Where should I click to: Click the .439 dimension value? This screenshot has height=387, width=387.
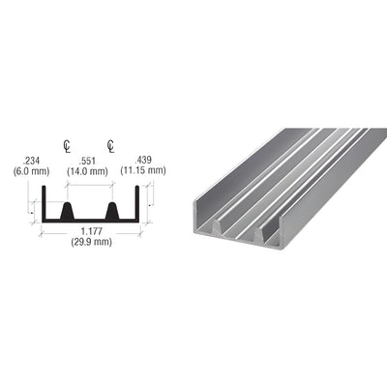tap(143, 160)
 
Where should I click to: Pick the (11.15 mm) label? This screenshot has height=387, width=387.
tap(143, 170)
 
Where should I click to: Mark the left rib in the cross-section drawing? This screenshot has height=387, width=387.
tap(68, 210)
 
